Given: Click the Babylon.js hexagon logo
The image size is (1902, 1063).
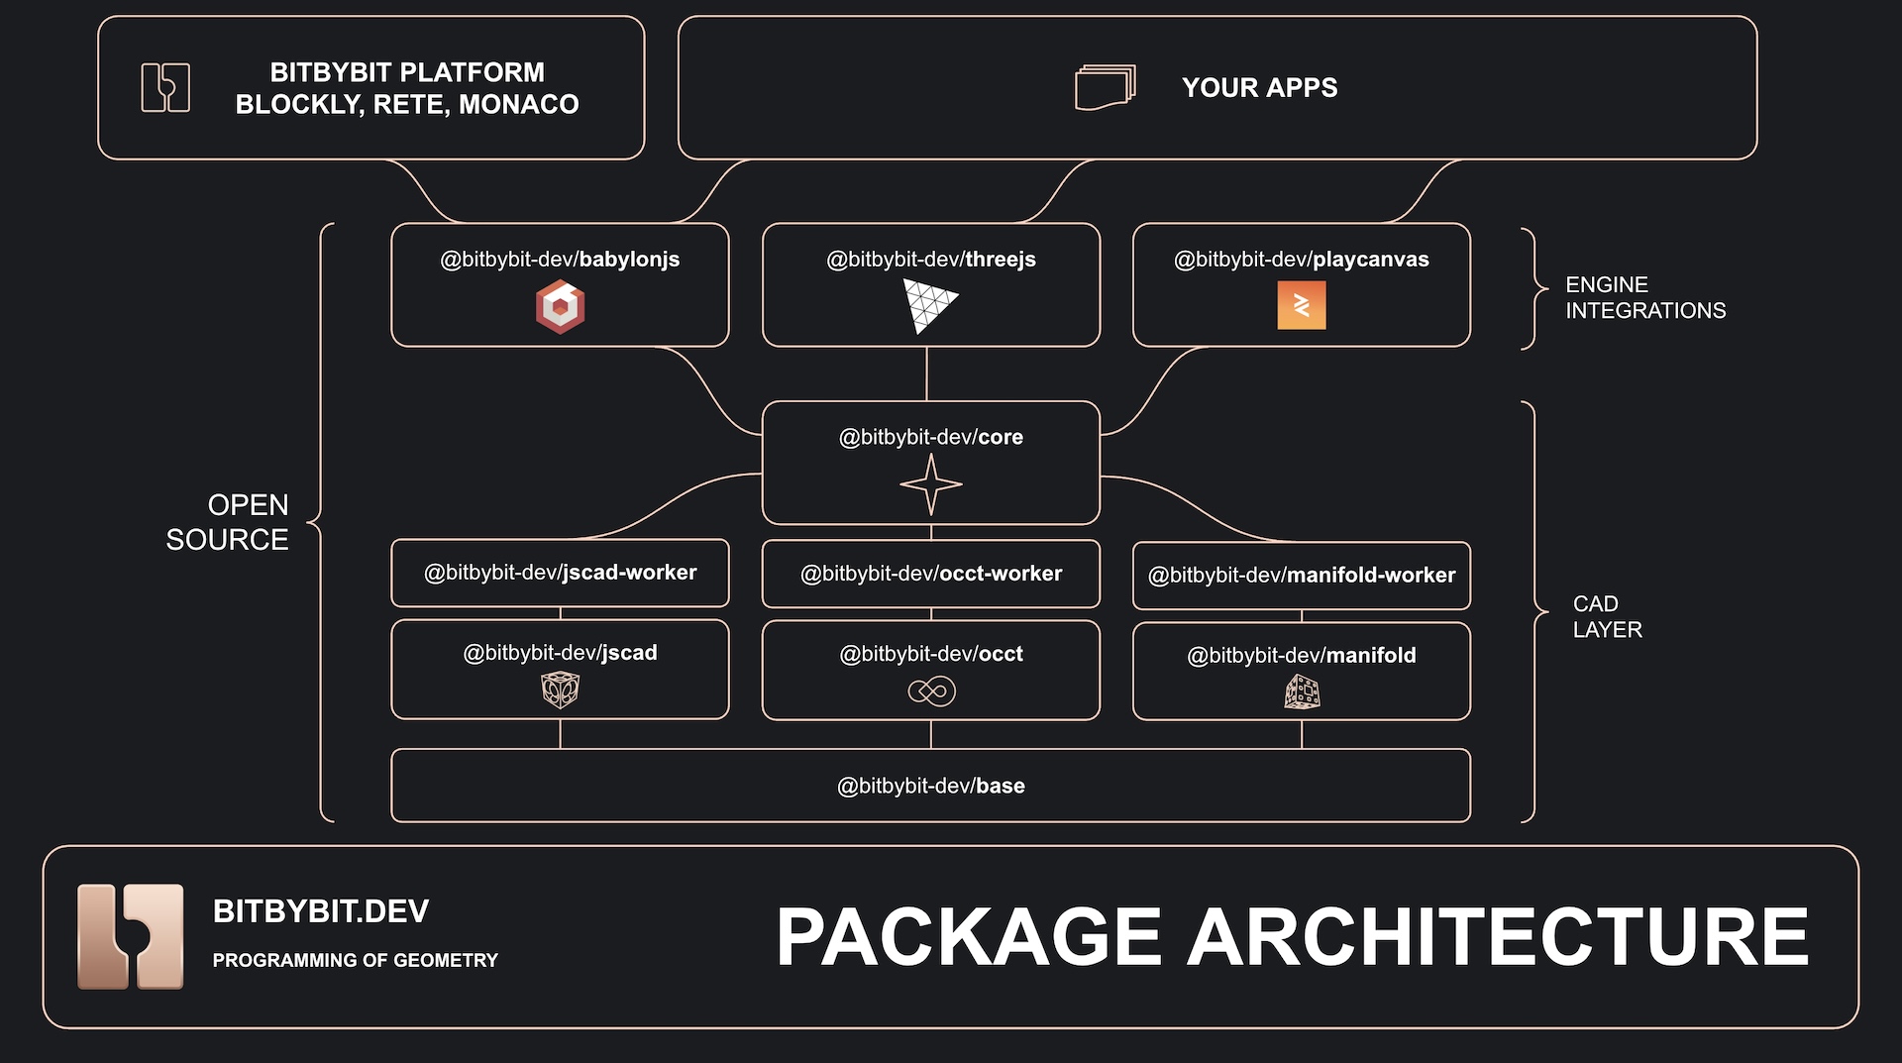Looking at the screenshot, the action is [560, 306].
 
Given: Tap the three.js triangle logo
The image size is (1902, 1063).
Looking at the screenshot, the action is [928, 304].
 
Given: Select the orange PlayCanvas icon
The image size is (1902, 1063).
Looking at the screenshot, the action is [1302, 305].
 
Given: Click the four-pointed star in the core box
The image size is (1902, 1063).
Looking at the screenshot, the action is [931, 484].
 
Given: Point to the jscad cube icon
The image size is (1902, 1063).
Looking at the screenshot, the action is [560, 690].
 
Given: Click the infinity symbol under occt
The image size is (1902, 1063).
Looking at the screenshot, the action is [931, 691].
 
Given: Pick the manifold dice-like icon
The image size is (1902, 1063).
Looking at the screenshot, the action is [1302, 691].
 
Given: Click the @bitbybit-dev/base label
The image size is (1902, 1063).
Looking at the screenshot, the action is [931, 786].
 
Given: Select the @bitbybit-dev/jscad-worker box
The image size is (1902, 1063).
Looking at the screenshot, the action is [560, 573].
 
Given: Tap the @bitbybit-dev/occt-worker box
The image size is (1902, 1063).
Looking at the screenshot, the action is [931, 574].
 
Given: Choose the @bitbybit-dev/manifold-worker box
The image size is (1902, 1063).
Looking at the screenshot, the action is [1302, 576].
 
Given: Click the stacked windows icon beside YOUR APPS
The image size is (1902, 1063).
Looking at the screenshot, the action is [1106, 87].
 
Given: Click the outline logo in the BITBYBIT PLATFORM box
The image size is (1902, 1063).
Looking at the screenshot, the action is [165, 87].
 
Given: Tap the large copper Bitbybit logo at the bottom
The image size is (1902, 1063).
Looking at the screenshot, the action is [131, 936].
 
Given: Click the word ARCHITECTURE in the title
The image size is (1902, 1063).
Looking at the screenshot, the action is [1499, 936].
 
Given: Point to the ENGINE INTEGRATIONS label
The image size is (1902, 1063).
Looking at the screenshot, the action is [1645, 297].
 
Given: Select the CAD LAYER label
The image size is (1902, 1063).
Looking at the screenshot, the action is [1607, 616].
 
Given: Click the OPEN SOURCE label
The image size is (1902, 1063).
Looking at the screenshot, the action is [228, 522].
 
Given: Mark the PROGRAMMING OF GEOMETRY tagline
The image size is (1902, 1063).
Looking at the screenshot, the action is [356, 960].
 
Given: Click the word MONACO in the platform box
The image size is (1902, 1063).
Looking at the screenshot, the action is [519, 104].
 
